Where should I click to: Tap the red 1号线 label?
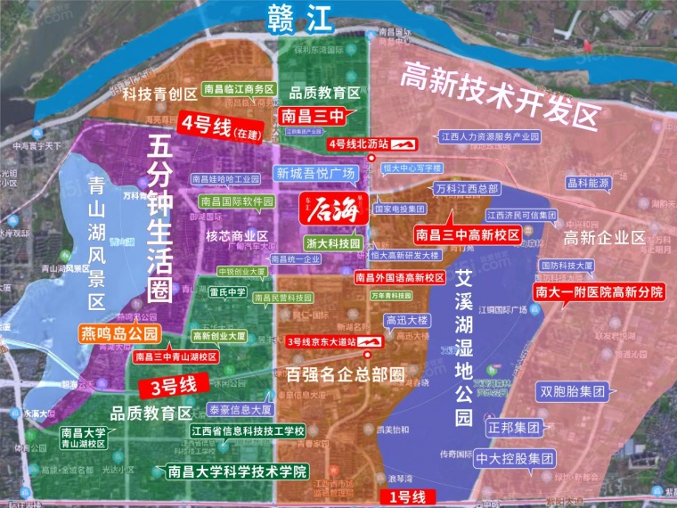404,496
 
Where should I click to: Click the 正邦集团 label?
514,427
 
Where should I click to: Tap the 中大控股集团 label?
528,460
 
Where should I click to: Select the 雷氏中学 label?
227,291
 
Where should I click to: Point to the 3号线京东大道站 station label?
322,341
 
